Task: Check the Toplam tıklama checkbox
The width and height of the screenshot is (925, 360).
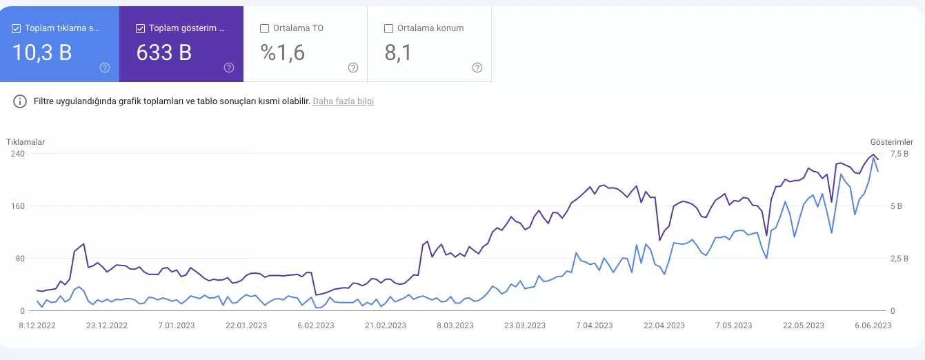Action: pyautogui.click(x=17, y=28)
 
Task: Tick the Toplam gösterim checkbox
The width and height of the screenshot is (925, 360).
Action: pyautogui.click(x=141, y=28)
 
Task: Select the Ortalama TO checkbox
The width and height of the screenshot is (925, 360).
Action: pyautogui.click(x=264, y=28)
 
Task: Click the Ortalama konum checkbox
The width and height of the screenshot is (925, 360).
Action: pyautogui.click(x=388, y=28)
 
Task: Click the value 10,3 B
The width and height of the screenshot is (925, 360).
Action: pyautogui.click(x=42, y=52)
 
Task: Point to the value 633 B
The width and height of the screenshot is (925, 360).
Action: pyautogui.click(x=164, y=52)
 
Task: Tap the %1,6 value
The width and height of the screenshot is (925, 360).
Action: pyautogui.click(x=282, y=52)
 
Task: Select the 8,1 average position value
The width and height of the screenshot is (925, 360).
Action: pyautogui.click(x=398, y=52)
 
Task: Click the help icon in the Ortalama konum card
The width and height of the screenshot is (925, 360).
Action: pyautogui.click(x=477, y=68)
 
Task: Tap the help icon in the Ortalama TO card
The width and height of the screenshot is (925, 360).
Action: pyautogui.click(x=353, y=68)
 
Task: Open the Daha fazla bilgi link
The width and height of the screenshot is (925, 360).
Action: pyautogui.click(x=344, y=101)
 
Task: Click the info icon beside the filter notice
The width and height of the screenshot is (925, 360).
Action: pyautogui.click(x=21, y=101)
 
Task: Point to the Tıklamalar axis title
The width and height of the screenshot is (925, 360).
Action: pyautogui.click(x=26, y=142)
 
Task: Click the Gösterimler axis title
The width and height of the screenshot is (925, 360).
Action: pyautogui.click(x=891, y=142)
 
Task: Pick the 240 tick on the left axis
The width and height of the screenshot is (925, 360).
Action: pyautogui.click(x=17, y=154)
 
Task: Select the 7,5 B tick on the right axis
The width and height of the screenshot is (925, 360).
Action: pyautogui.click(x=899, y=154)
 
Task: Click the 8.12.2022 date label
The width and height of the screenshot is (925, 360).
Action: pyautogui.click(x=37, y=326)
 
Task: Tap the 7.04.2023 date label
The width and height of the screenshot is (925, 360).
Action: pyautogui.click(x=594, y=326)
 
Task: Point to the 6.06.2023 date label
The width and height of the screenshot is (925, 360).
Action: pyautogui.click(x=873, y=326)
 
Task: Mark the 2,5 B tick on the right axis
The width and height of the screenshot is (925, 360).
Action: pyautogui.click(x=899, y=259)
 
